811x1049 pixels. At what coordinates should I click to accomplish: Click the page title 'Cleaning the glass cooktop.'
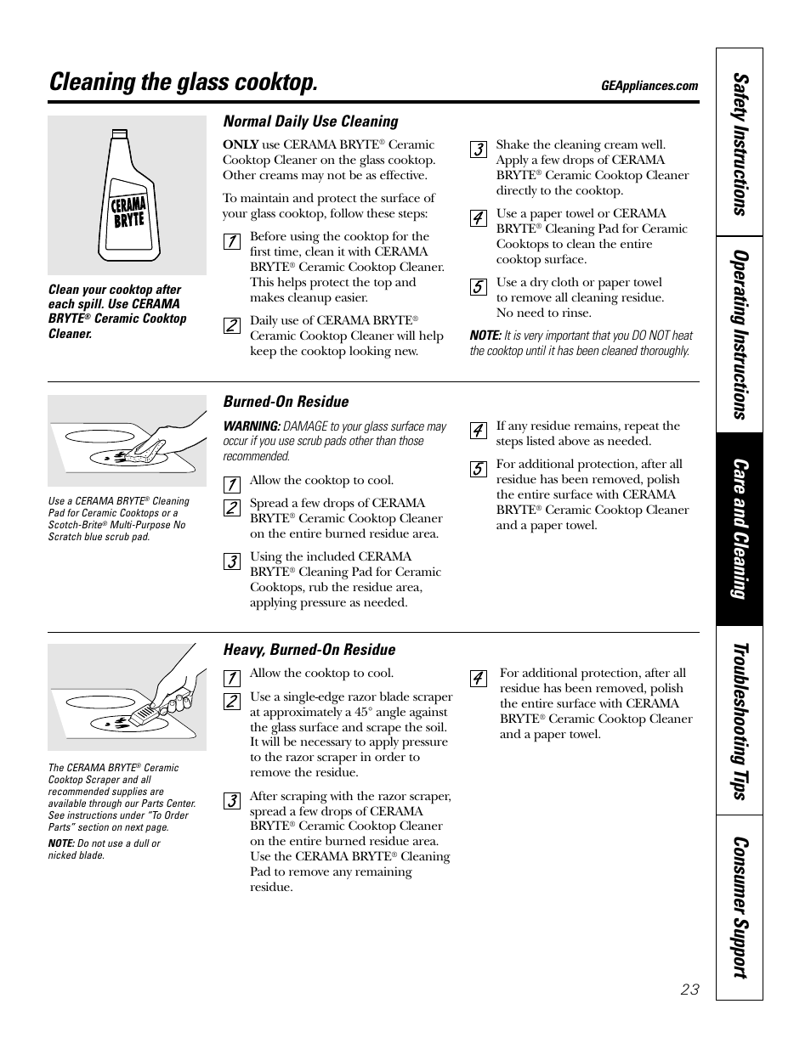click(x=184, y=82)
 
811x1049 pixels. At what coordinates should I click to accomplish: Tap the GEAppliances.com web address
click(x=649, y=86)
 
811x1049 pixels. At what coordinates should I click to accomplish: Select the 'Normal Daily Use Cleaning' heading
click(x=310, y=121)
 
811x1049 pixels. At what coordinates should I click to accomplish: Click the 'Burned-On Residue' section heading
click(x=286, y=402)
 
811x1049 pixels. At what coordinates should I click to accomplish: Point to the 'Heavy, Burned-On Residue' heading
click(x=309, y=650)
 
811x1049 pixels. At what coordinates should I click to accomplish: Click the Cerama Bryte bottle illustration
click(x=127, y=195)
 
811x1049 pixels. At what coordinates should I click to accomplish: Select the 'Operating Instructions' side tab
click(x=740, y=334)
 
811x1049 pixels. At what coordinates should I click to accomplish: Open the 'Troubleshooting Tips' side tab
click(x=740, y=720)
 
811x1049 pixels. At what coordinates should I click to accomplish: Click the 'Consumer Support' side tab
click(x=740, y=906)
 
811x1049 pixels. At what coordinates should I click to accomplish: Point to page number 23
click(x=689, y=989)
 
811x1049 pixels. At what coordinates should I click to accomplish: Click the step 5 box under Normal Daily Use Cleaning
click(x=479, y=287)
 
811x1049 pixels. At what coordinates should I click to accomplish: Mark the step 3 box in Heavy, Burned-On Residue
click(x=231, y=801)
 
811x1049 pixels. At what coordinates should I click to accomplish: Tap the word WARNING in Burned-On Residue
click(x=252, y=426)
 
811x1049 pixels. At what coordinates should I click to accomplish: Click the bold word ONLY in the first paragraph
click(x=241, y=145)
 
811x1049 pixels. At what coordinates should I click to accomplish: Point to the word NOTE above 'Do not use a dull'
click(x=61, y=843)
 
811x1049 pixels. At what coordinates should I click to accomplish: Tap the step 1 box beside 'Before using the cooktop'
click(x=231, y=241)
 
